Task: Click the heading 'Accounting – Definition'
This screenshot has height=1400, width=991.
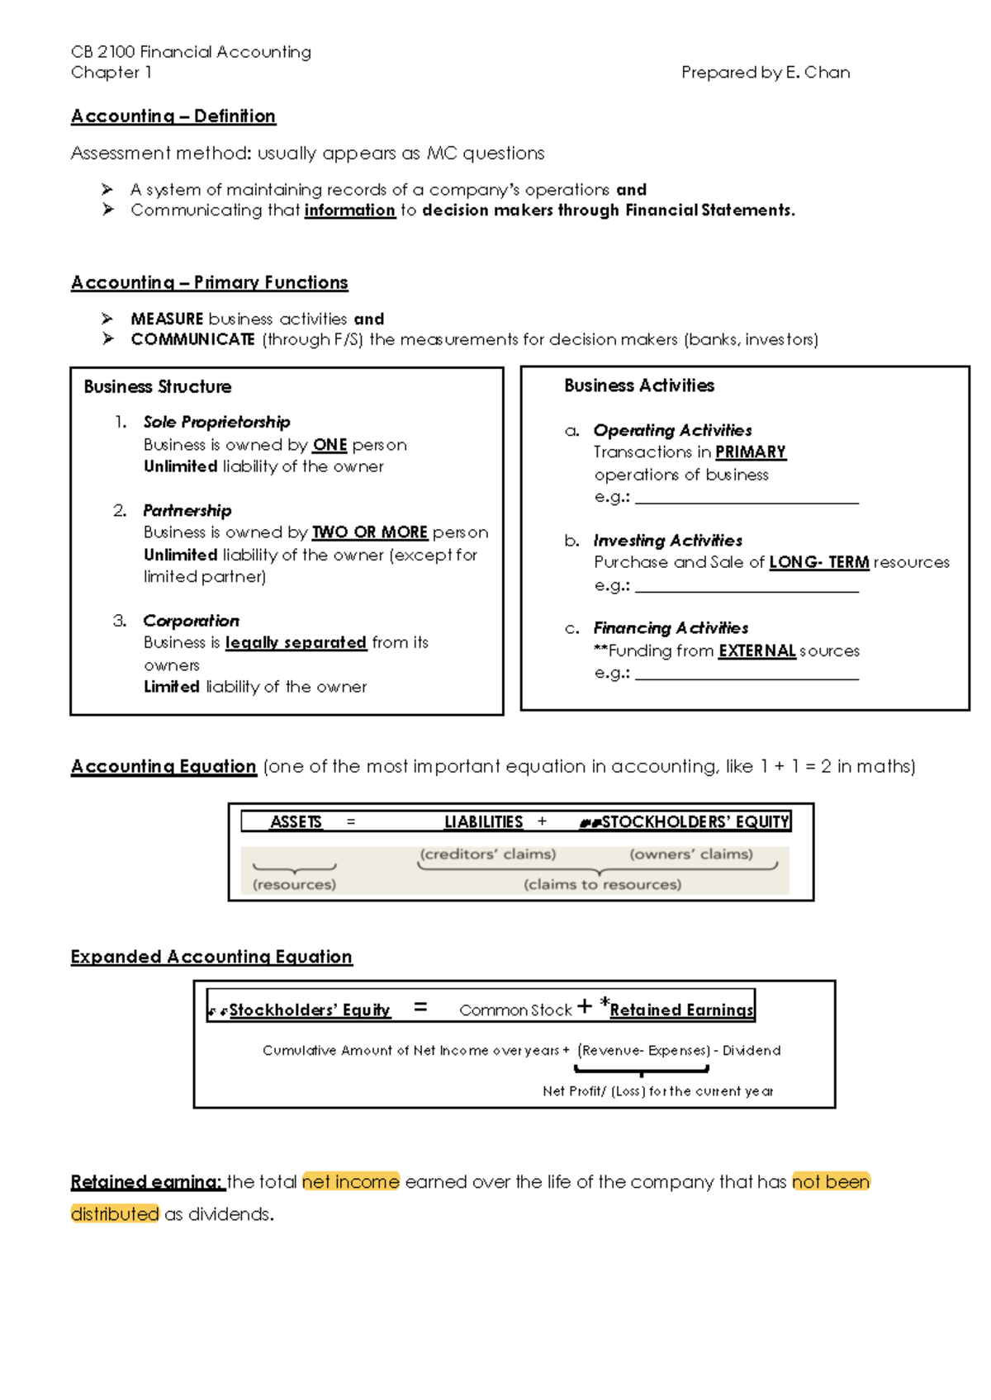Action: click(x=173, y=116)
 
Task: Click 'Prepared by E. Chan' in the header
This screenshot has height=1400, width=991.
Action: click(x=765, y=73)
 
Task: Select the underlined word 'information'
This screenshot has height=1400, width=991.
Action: click(x=349, y=210)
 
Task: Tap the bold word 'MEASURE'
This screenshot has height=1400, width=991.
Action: click(x=167, y=319)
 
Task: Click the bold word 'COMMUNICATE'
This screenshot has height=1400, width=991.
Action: click(x=192, y=339)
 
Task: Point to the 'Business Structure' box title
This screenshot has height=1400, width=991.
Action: click(x=158, y=386)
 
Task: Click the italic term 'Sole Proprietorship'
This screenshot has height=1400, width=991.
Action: click(x=216, y=422)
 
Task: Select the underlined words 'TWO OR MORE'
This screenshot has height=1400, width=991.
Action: click(x=369, y=532)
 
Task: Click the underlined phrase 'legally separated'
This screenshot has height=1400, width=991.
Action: click(x=296, y=642)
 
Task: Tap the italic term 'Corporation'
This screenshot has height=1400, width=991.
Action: click(x=191, y=621)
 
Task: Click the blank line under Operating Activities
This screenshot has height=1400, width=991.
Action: click(x=747, y=499)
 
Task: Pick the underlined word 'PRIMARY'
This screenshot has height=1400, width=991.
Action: click(x=750, y=452)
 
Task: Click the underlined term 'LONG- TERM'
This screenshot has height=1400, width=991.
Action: click(x=818, y=562)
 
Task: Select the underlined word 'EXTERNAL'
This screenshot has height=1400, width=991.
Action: click(x=756, y=650)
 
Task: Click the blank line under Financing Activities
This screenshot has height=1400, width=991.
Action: click(x=747, y=674)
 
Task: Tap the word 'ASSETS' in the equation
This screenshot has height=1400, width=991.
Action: click(x=296, y=821)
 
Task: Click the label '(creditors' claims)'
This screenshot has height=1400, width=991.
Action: click(x=487, y=854)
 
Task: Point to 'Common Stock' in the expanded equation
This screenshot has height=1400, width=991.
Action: click(x=515, y=1010)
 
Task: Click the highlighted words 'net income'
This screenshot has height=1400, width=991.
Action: click(x=350, y=1181)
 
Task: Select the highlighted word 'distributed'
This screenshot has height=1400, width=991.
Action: click(x=115, y=1213)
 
